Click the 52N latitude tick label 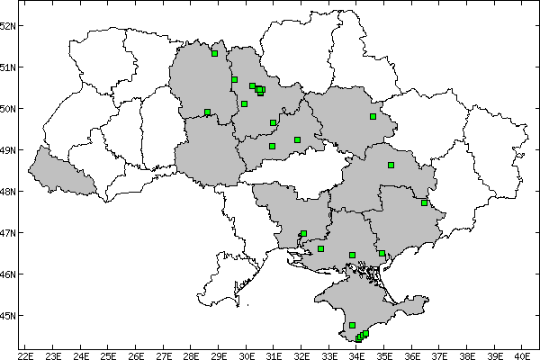[x=8, y=25]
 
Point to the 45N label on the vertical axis [x=8, y=316]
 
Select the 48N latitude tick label [x=8, y=192]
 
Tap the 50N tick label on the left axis [x=8, y=109]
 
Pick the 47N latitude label [x=8, y=233]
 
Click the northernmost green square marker [x=214, y=53]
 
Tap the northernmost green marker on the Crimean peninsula [x=352, y=325]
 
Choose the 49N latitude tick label [x=8, y=150]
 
